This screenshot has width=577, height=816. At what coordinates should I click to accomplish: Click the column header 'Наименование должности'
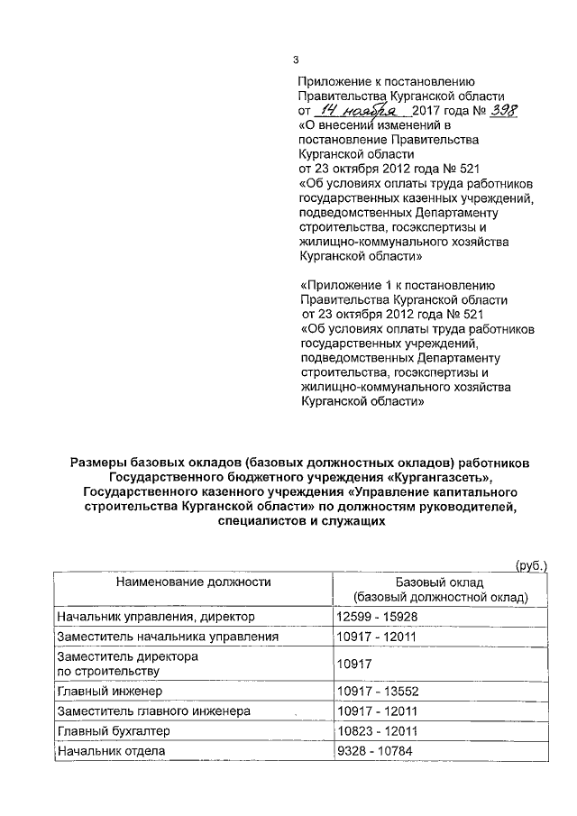point(194,582)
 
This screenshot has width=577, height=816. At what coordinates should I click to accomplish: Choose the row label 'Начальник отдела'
point(106,750)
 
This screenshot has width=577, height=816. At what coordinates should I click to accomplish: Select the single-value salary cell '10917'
point(352,664)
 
